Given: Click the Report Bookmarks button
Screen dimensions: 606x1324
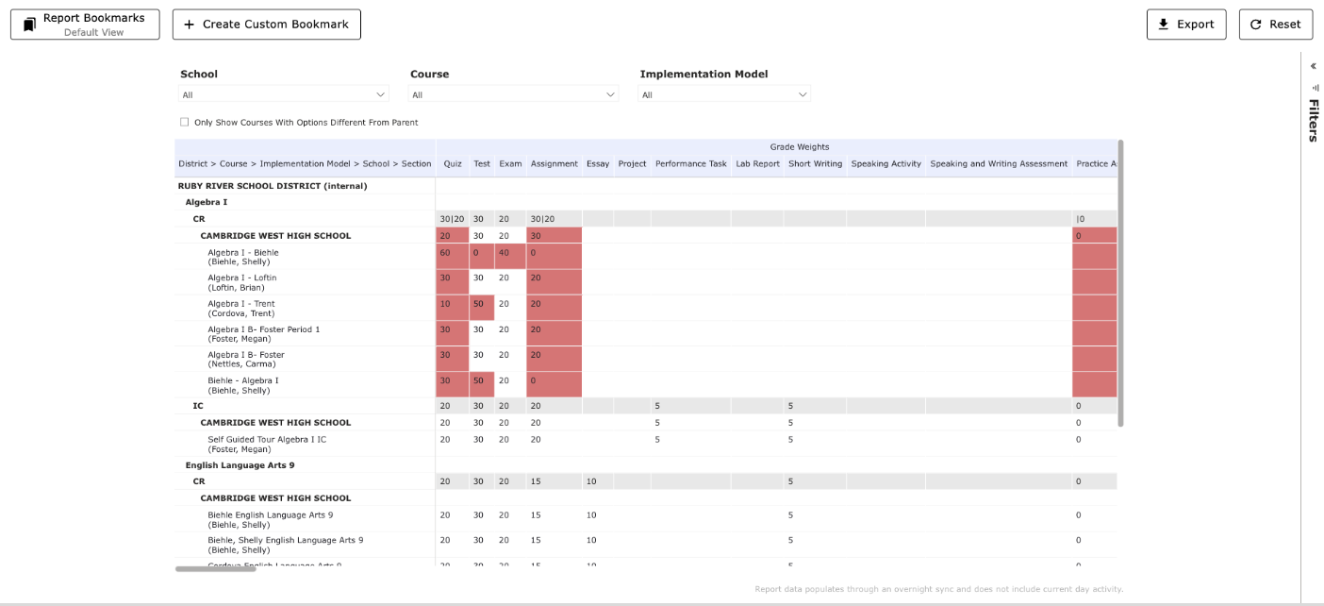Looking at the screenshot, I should point(85,25).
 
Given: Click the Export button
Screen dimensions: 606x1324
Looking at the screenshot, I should point(1186,25).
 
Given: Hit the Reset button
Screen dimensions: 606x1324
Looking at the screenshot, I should point(1275,25).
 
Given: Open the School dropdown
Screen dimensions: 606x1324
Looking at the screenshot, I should point(284,94).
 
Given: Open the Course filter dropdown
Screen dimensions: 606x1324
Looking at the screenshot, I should point(513,94).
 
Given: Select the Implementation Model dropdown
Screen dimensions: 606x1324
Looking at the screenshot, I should point(724,94).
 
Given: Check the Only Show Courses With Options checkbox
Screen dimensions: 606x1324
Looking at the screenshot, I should point(185,123).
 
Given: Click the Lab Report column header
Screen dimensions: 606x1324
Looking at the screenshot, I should point(757,164).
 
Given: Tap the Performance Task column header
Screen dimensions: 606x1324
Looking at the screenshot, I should point(691,164).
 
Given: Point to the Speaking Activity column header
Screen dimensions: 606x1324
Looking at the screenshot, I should point(885,164).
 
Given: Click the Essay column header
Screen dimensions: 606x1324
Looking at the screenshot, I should point(597,164).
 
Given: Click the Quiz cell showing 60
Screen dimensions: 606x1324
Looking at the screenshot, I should point(445,253).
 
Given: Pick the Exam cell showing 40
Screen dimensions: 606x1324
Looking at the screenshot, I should point(505,253).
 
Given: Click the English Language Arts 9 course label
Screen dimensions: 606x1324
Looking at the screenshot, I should point(240,465).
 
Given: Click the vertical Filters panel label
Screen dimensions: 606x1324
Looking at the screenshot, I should point(1313,120).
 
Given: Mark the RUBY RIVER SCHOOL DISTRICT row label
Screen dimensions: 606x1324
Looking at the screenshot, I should point(273,186).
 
